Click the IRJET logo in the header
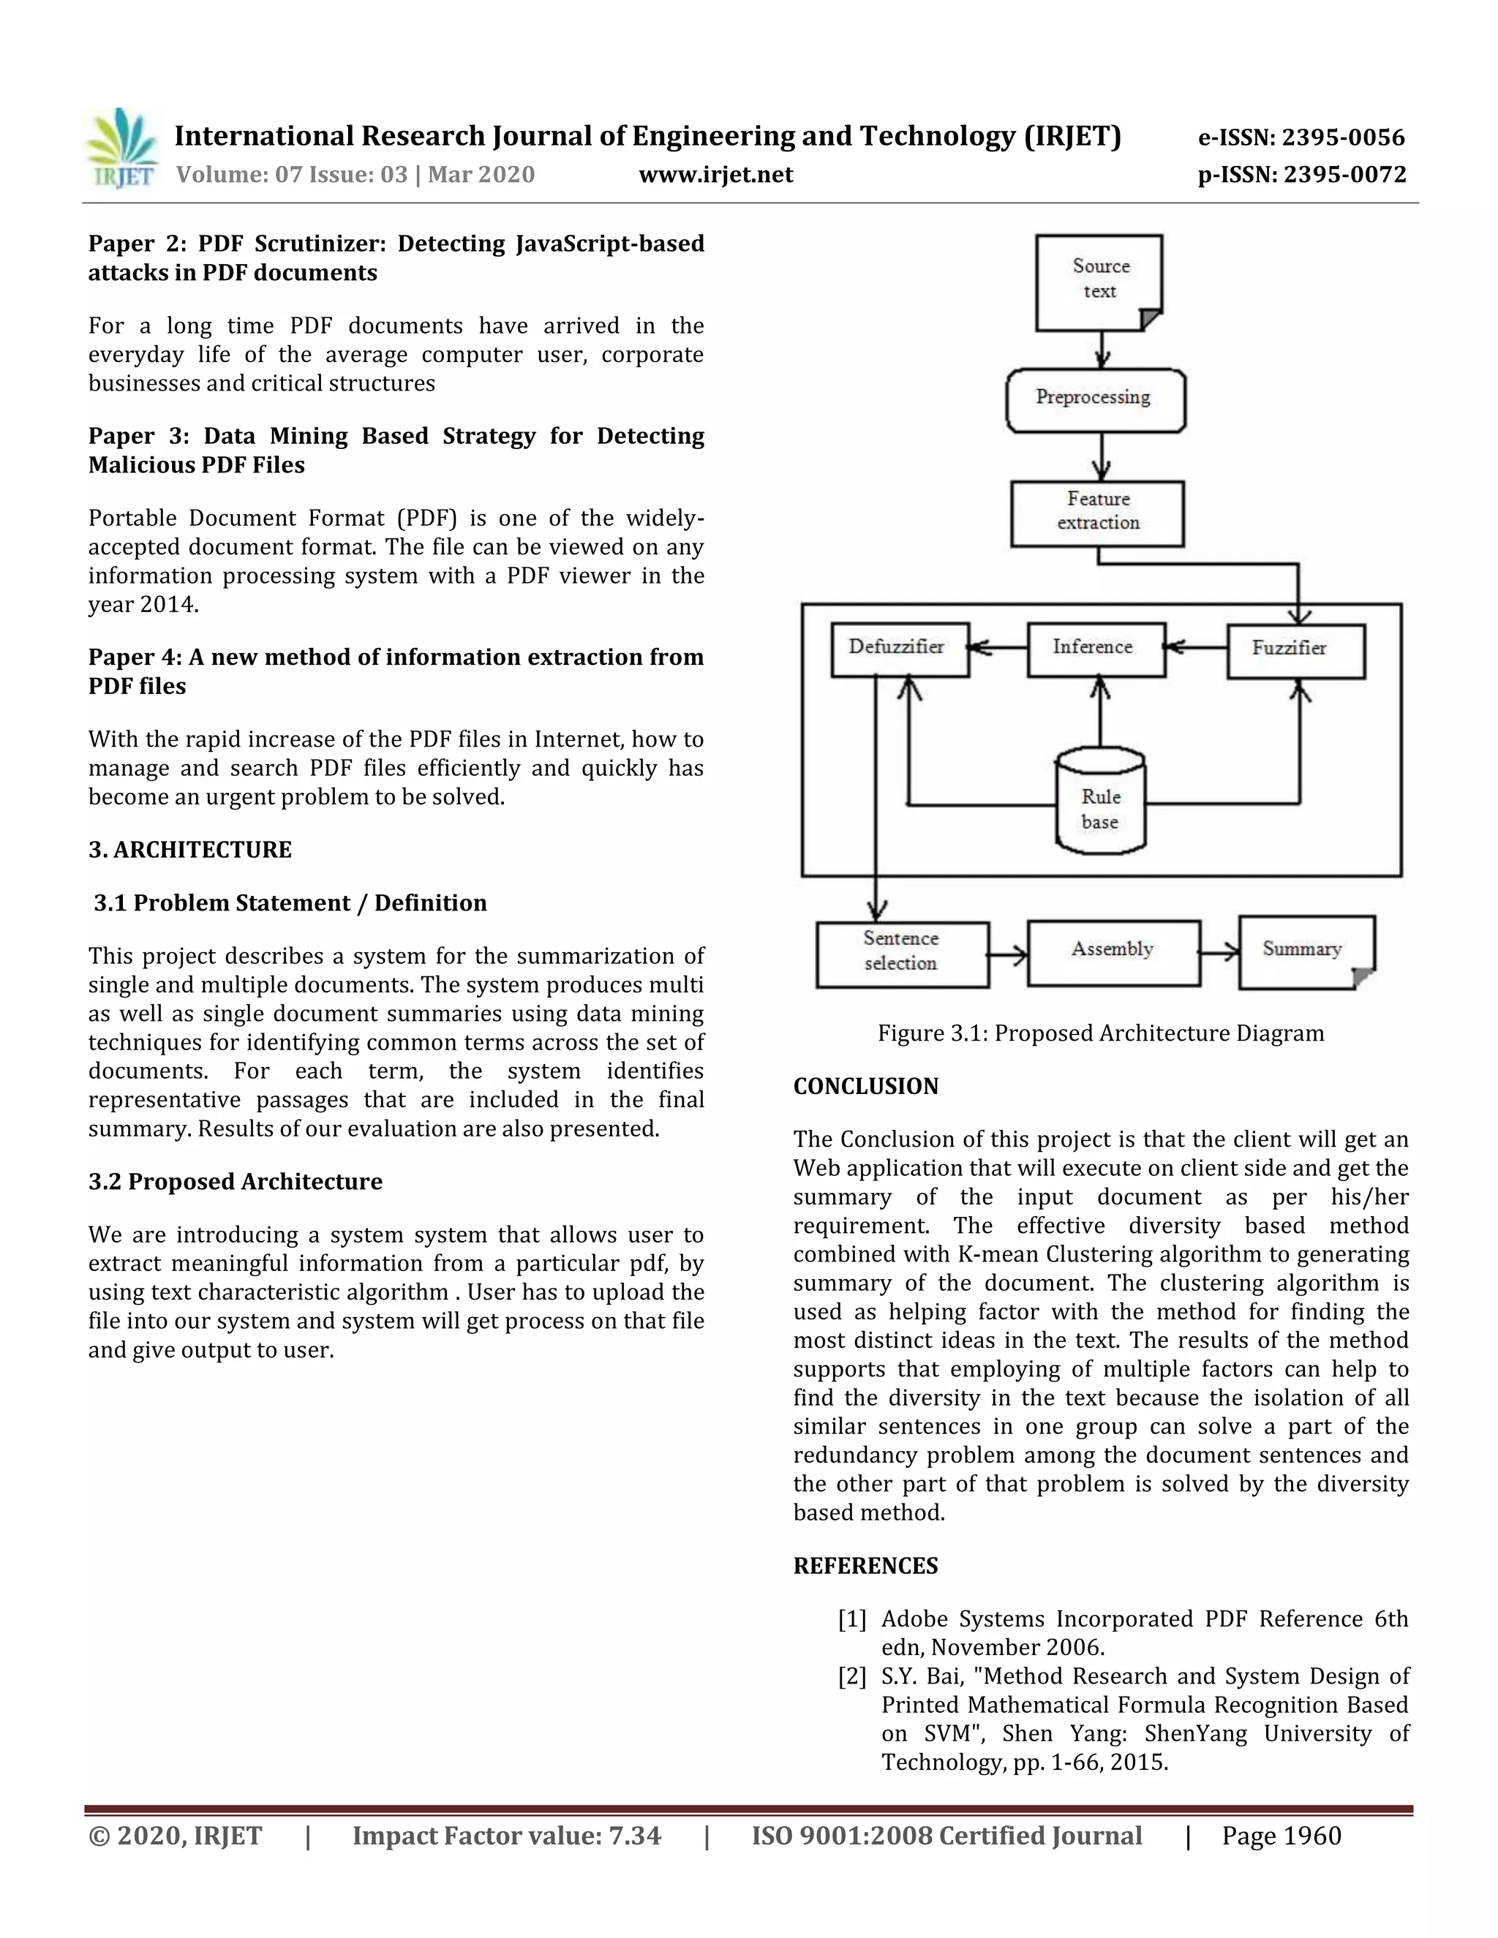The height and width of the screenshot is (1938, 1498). coord(122,149)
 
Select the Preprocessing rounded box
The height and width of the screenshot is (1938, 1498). coord(1095,399)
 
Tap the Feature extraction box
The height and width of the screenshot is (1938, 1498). coord(1098,513)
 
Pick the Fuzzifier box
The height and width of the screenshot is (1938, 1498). coord(1295,650)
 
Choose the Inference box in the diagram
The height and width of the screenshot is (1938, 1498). coord(1095,649)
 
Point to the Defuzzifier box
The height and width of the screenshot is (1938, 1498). coord(898,649)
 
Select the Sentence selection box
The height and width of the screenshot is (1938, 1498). coord(902,954)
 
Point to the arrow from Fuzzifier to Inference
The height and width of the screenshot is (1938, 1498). coord(1195,648)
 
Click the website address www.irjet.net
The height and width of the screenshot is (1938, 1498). coord(715,175)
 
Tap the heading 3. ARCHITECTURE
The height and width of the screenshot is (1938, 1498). coord(190,850)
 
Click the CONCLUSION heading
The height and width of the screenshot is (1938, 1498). coord(865,1087)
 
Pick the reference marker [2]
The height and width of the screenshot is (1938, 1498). coord(851,1677)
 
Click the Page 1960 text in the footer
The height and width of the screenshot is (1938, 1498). coord(1281,1836)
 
